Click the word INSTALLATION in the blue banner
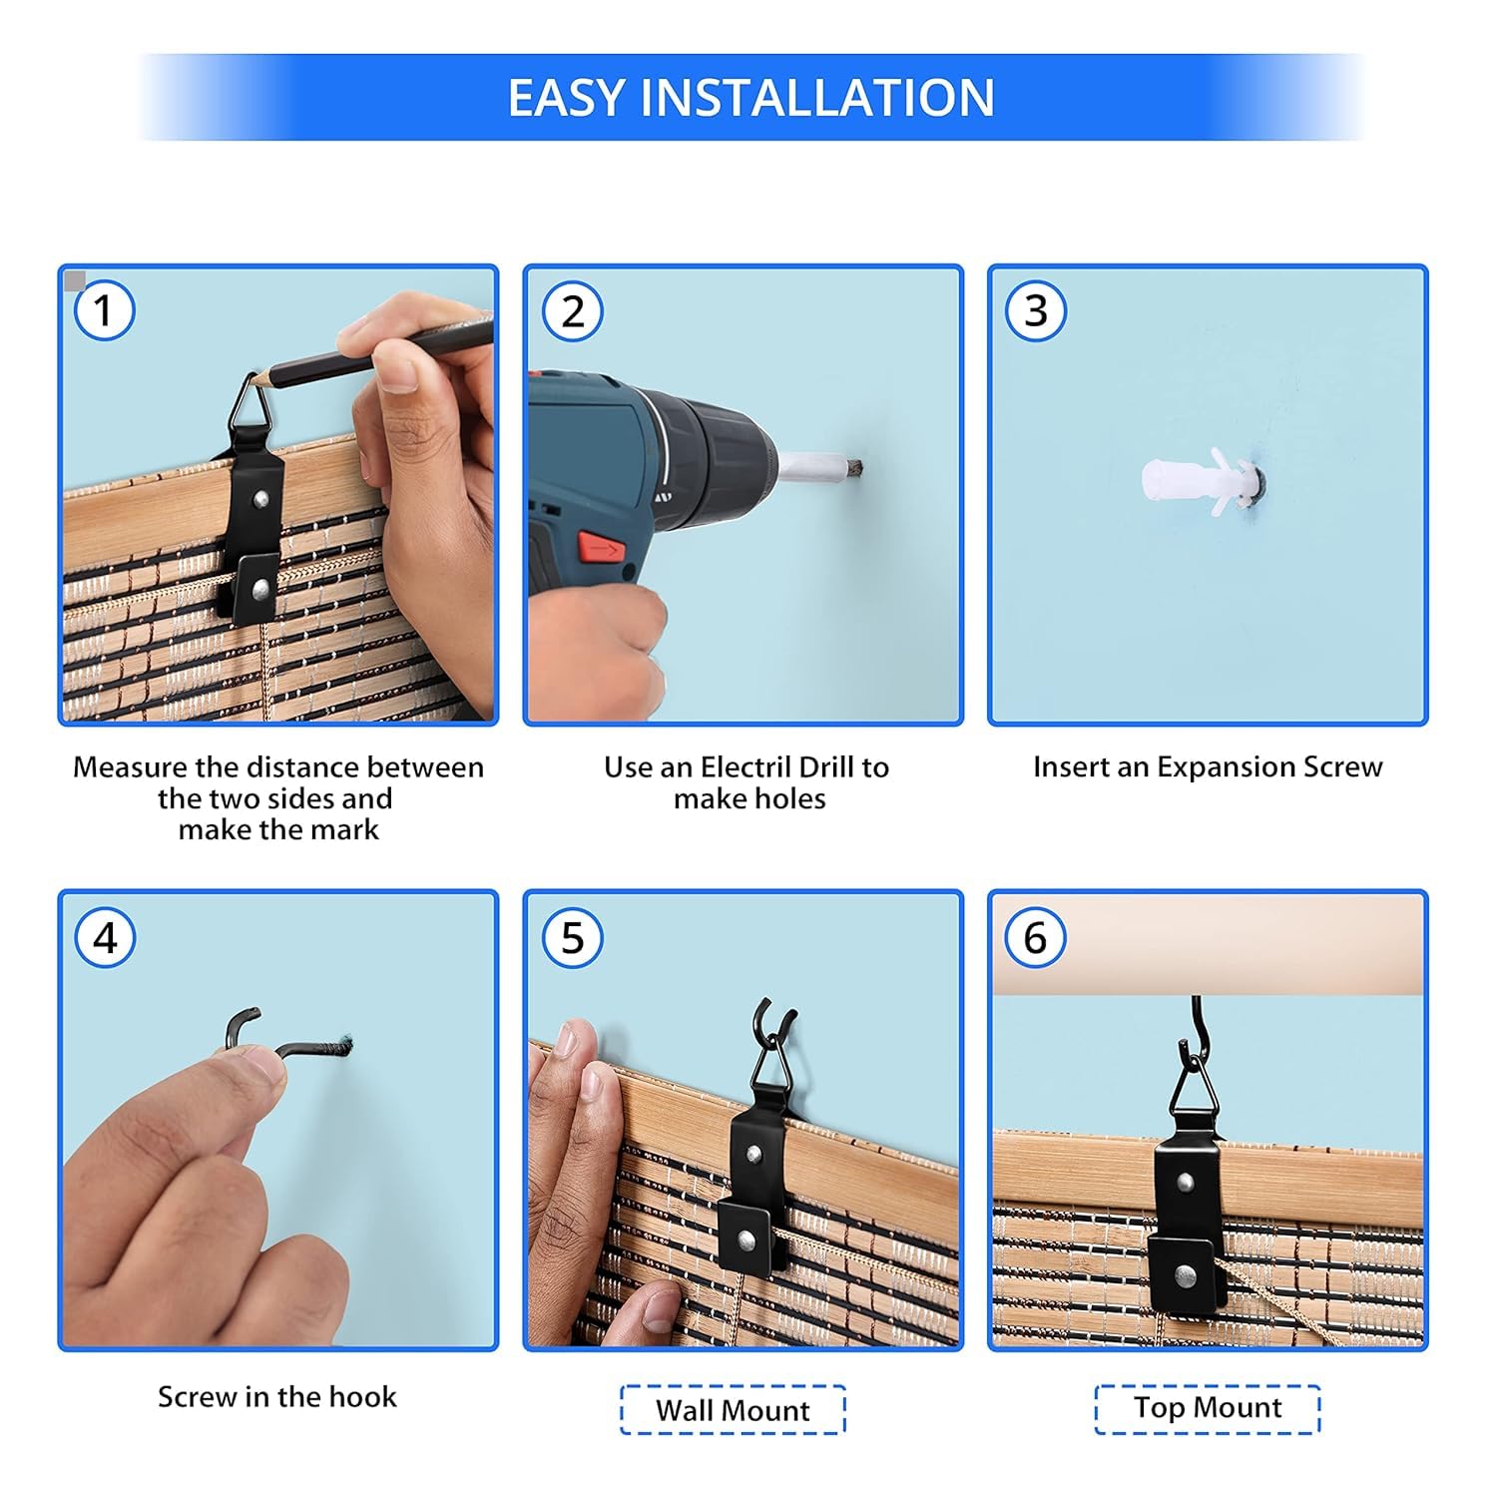[816, 98]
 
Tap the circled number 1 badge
[104, 310]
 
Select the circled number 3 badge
[1036, 310]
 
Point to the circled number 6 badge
[1035, 938]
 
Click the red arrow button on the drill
[601, 547]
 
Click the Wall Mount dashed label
[733, 1410]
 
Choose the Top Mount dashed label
[1208, 1408]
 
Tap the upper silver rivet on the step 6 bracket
[1185, 1183]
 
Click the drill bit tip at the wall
[854, 467]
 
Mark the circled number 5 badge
[572, 938]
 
